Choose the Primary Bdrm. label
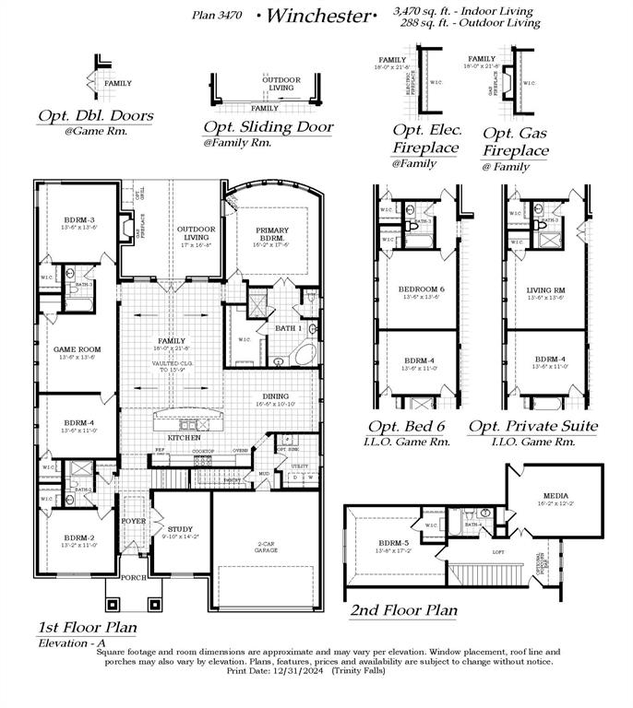tap(271, 235)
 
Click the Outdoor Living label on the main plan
tap(196, 233)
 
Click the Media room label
tap(555, 495)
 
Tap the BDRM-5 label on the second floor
tap(391, 546)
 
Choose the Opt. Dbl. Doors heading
tap(95, 117)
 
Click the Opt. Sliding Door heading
tap(268, 127)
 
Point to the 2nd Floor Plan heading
tap(402, 610)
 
